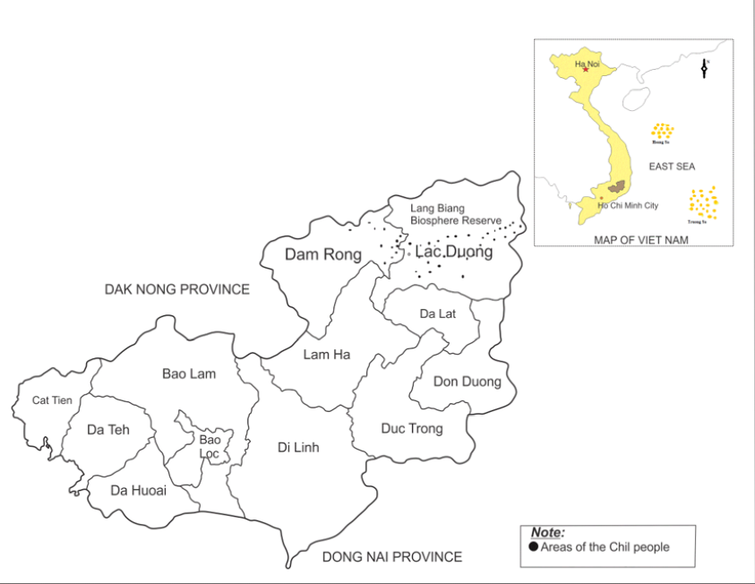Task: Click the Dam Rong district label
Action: pyautogui.click(x=323, y=254)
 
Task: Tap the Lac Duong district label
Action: pyautogui.click(x=454, y=252)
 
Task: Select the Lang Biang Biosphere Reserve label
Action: pyautogui.click(x=455, y=214)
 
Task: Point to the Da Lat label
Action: pyautogui.click(x=438, y=313)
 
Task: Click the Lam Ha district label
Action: pyautogui.click(x=327, y=355)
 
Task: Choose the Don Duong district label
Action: pyautogui.click(x=468, y=382)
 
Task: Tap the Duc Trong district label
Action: pyautogui.click(x=412, y=428)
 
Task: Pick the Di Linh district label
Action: pyautogui.click(x=298, y=447)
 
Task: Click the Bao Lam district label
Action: pyautogui.click(x=189, y=374)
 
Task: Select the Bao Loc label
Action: pyautogui.click(x=210, y=446)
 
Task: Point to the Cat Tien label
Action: pyautogui.click(x=52, y=400)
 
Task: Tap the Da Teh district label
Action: pyautogui.click(x=108, y=430)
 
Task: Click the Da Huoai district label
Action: pyautogui.click(x=138, y=490)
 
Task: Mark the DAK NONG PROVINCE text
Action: pyautogui.click(x=177, y=289)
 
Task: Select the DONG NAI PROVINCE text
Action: pyautogui.click(x=392, y=557)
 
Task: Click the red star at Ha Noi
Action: pyautogui.click(x=586, y=70)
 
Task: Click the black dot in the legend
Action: pyautogui.click(x=535, y=547)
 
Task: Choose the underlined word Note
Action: pyautogui.click(x=547, y=533)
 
